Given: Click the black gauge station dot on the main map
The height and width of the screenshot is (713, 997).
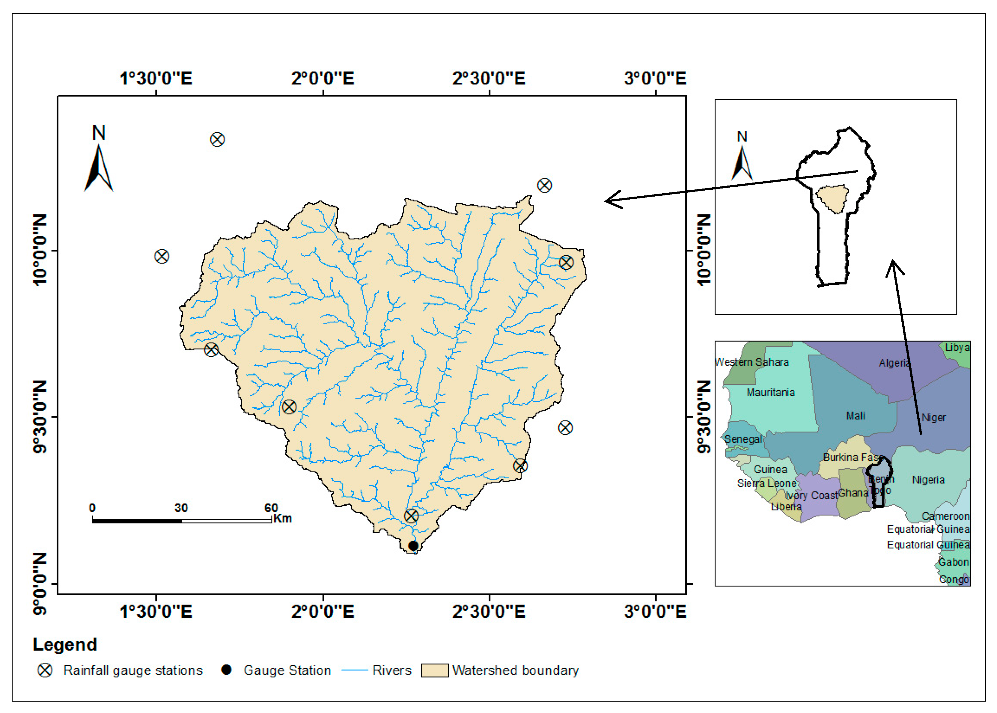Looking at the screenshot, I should pos(413,546).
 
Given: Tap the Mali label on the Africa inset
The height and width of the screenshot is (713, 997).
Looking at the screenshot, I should pos(855,416).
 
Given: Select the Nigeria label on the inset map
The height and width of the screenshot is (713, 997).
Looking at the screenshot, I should pos(928,480).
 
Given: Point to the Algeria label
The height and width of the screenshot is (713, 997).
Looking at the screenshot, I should pos(894,363).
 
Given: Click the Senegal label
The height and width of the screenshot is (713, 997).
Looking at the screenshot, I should pos(743,439).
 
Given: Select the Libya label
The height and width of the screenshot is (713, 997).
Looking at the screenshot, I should pos(957,347).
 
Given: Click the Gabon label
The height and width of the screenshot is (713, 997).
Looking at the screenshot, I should pos(953,562).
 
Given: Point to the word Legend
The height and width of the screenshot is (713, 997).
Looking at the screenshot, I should pos(64,644).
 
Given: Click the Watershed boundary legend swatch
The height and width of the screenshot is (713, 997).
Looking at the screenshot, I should pos(434,670).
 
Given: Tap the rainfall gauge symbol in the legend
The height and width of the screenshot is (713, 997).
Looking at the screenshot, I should pos(45,670).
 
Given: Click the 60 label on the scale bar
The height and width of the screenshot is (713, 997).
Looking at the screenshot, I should pos(271,508).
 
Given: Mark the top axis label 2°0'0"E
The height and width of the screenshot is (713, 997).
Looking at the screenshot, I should pos(323,79).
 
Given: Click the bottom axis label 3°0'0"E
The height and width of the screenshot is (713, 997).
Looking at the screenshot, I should pos(655,611).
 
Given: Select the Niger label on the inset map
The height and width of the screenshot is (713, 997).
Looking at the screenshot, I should pos(933,417).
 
